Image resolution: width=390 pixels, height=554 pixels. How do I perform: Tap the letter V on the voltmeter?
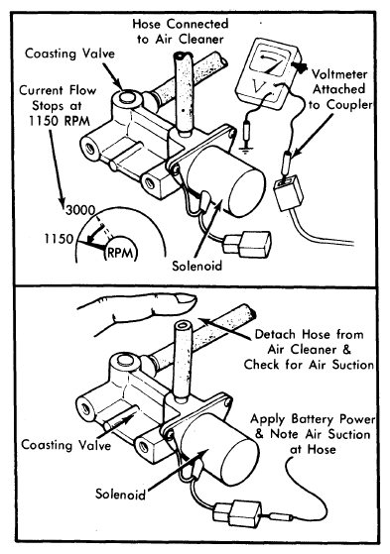pos(257,86)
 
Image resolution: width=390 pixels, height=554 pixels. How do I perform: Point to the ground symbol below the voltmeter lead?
pos(244,151)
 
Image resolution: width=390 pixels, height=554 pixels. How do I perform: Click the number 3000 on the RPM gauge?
pos(80,210)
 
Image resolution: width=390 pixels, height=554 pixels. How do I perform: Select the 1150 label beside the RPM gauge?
pos(59,239)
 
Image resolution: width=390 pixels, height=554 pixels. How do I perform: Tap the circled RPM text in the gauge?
pos(120,253)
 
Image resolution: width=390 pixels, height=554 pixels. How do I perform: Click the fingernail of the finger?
pos(186,299)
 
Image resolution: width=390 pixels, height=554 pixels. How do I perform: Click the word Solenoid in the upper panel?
pos(197,266)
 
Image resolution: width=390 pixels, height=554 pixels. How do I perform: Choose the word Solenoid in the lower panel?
pos(120,494)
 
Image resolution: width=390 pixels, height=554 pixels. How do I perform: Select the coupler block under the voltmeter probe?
pos(288,193)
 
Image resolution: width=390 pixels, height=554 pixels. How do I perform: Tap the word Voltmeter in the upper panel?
pos(339,74)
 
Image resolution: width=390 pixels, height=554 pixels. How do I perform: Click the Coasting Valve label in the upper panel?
pos(70,54)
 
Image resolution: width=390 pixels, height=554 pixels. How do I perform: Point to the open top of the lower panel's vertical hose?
pos(183,325)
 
